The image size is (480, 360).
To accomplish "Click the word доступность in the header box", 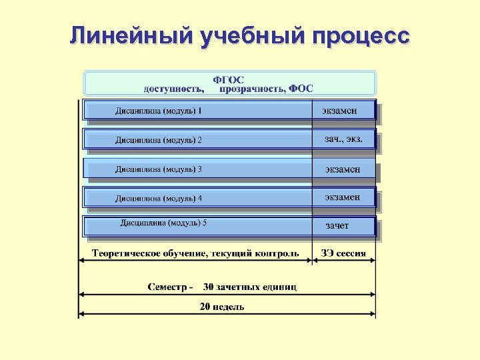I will (x=174, y=89).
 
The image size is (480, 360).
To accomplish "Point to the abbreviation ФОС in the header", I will (x=301, y=89).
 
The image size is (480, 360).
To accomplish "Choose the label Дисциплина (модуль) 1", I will (x=158, y=111).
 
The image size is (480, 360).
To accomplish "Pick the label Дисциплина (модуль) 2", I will (x=158, y=140).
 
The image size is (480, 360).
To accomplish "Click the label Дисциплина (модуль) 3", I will (x=158, y=169).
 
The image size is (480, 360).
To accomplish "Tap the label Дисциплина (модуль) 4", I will (x=158, y=198).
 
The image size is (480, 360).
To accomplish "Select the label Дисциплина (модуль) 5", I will (x=163, y=223).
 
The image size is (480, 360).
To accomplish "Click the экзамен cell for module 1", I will (x=339, y=111).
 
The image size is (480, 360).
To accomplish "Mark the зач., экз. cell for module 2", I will (x=343, y=139).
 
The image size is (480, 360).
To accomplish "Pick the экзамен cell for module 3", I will (x=343, y=169).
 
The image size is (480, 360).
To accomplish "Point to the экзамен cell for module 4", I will (x=343, y=197).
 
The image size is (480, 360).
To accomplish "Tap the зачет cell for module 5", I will (x=337, y=226).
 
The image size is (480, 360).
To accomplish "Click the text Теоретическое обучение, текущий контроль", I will (x=195, y=253).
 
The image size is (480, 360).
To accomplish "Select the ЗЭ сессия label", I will (x=343, y=253).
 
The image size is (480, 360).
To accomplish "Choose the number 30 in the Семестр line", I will (x=209, y=287).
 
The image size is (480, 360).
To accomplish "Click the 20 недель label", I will (x=222, y=307).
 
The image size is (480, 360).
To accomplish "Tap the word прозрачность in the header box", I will (x=251, y=89).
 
